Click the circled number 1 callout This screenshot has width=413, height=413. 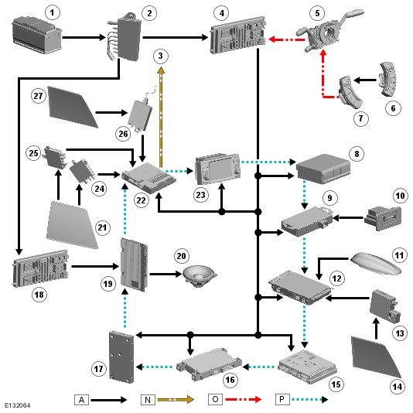(52, 12)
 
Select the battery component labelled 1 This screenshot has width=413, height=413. (36, 35)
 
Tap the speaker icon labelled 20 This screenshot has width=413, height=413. (200, 276)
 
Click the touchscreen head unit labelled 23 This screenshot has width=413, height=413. (217, 169)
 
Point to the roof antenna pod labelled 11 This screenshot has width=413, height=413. (376, 264)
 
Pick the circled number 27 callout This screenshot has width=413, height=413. (38, 96)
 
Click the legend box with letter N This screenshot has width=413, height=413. (148, 400)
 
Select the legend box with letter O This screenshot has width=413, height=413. (215, 400)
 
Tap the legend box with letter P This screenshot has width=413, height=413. (282, 400)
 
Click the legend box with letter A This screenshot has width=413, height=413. (81, 400)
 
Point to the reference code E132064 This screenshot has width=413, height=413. (17, 405)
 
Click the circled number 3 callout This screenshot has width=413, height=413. (160, 56)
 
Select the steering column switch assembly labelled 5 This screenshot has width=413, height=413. (329, 32)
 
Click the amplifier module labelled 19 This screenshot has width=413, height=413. (134, 265)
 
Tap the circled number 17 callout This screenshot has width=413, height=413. (99, 369)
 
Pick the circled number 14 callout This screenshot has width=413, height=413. (398, 387)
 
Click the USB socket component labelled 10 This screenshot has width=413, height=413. (383, 218)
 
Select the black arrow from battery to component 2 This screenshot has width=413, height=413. (84, 37)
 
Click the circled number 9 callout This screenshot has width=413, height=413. (329, 198)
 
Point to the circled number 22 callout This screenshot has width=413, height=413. (142, 200)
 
